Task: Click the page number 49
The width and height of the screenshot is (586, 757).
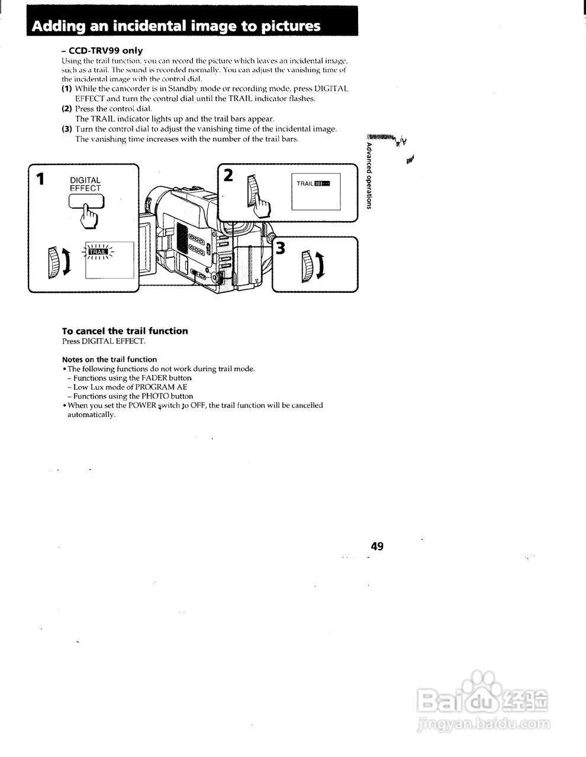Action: coord(377,546)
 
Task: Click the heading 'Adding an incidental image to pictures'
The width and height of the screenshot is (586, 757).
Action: coord(176,26)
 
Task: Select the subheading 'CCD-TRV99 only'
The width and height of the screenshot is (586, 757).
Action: coord(106,51)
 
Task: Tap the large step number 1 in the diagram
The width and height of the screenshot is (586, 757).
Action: coord(40,179)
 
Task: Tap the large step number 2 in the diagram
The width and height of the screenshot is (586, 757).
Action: coord(228,175)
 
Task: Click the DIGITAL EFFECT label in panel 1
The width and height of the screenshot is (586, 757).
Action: coord(85,185)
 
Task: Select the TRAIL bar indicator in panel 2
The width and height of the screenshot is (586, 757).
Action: coord(313,183)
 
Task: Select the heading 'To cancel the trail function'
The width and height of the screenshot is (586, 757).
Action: coord(125,331)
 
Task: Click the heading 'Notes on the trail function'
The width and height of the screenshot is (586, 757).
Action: coord(110,360)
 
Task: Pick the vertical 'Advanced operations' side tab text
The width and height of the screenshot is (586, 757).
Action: coord(369,176)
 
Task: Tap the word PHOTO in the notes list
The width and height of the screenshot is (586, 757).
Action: coord(156,396)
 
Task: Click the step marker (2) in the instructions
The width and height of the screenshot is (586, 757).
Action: coord(67,109)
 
